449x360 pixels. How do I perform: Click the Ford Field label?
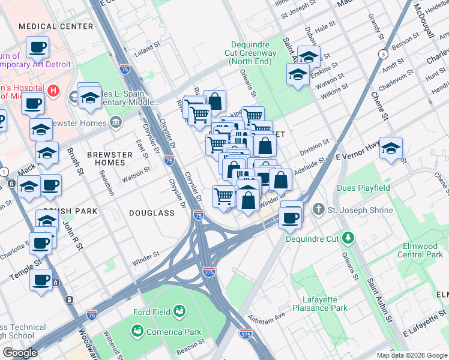pyautogui.click(x=150, y=311)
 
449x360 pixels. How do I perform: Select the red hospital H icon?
pyautogui.click(x=53, y=91)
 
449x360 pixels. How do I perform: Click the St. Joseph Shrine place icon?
pyautogui.click(x=318, y=210)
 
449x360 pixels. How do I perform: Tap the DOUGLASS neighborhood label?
pyautogui.click(x=151, y=213)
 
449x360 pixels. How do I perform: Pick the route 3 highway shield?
pyautogui.click(x=382, y=55)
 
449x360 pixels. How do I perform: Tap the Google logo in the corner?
pyautogui.click(x=19, y=353)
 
